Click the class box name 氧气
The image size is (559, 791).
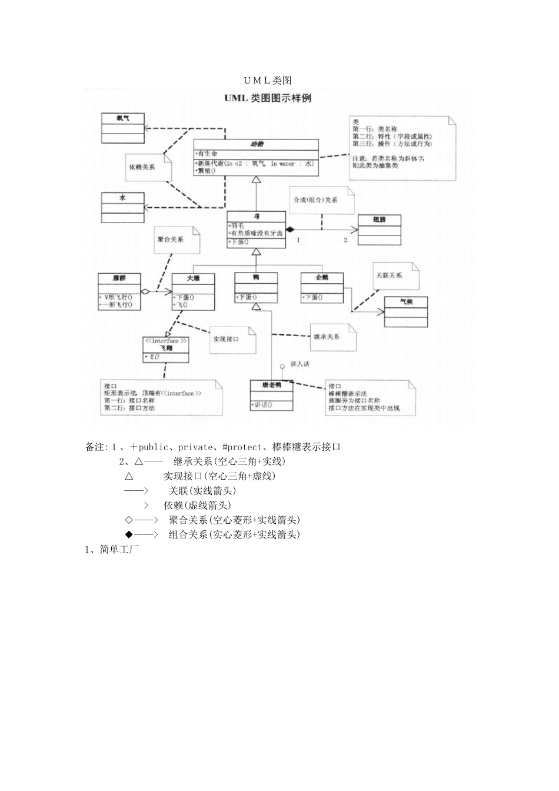coord(122,118)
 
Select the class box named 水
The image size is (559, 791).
coord(122,198)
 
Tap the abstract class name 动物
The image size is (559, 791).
coord(257,144)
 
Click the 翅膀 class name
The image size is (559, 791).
coord(380,220)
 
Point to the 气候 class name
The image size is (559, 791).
coord(406,301)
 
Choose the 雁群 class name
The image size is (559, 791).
coord(119,278)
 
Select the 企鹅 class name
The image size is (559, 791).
coord(322,277)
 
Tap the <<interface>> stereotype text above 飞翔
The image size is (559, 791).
coord(166,341)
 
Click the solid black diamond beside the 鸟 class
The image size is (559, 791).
coord(290,229)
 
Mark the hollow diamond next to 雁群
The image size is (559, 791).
coord(145,290)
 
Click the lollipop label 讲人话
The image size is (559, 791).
coord(300,364)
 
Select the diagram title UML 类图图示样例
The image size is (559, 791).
coord(267,98)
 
